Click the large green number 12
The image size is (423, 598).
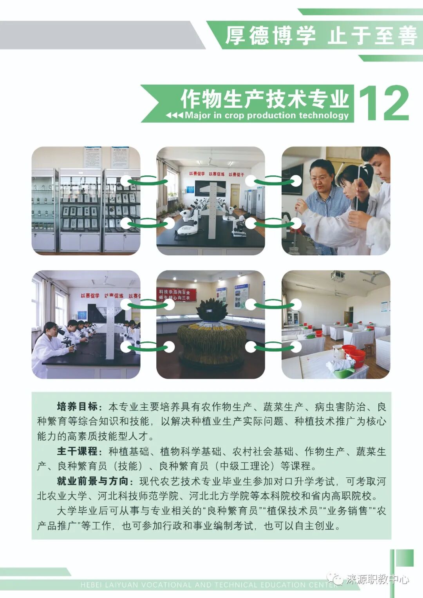click(383, 103)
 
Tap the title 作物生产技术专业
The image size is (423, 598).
click(264, 98)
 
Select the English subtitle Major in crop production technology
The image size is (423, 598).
click(266, 115)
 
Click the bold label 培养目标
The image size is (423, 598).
click(77, 406)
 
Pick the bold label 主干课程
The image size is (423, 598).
click(77, 451)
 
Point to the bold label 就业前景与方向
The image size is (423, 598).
click(92, 481)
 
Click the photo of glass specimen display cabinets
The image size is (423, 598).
click(86, 201)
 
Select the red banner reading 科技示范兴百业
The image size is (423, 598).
click(175, 294)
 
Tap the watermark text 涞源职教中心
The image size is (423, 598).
click(377, 579)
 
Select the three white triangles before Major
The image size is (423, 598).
click(174, 116)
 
